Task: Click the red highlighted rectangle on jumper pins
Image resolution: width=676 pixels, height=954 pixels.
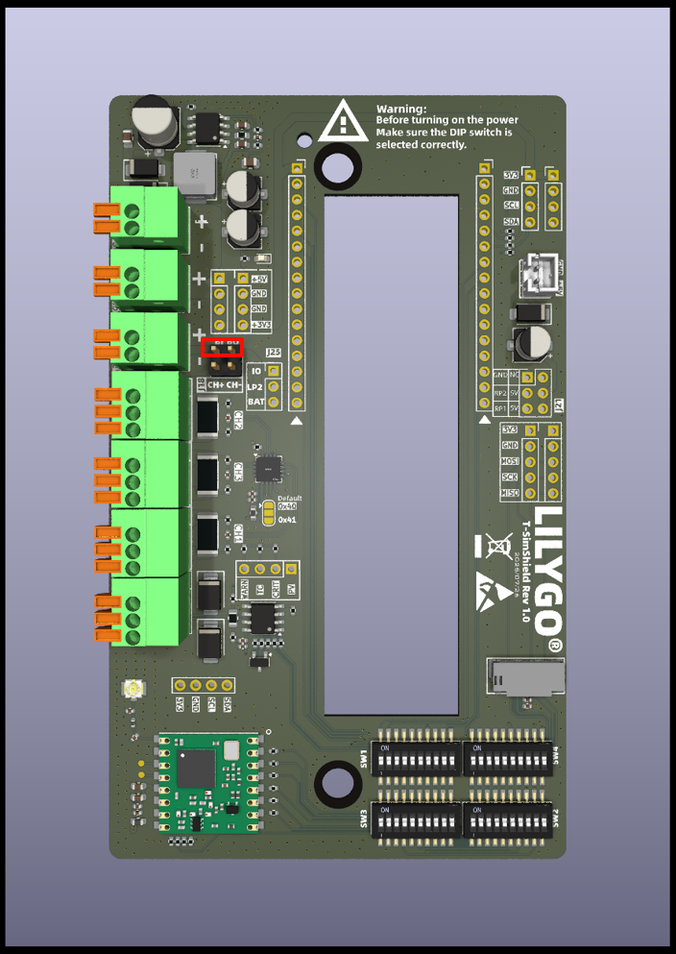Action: (x=223, y=347)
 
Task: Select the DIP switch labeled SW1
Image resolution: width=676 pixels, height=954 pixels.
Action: (x=416, y=758)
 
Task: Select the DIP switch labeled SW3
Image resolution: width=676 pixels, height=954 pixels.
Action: (x=416, y=819)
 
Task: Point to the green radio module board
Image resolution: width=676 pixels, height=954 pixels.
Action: (x=208, y=783)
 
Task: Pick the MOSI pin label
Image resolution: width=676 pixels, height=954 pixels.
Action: (x=510, y=461)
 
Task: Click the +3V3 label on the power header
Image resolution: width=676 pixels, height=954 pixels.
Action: (x=258, y=325)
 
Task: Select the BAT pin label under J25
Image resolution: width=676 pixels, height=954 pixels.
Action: (x=255, y=402)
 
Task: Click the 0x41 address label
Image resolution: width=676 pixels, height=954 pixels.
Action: (x=287, y=519)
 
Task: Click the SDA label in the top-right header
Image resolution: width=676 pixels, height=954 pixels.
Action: (x=511, y=222)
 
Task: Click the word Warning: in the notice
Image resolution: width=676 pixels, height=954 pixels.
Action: (x=401, y=110)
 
